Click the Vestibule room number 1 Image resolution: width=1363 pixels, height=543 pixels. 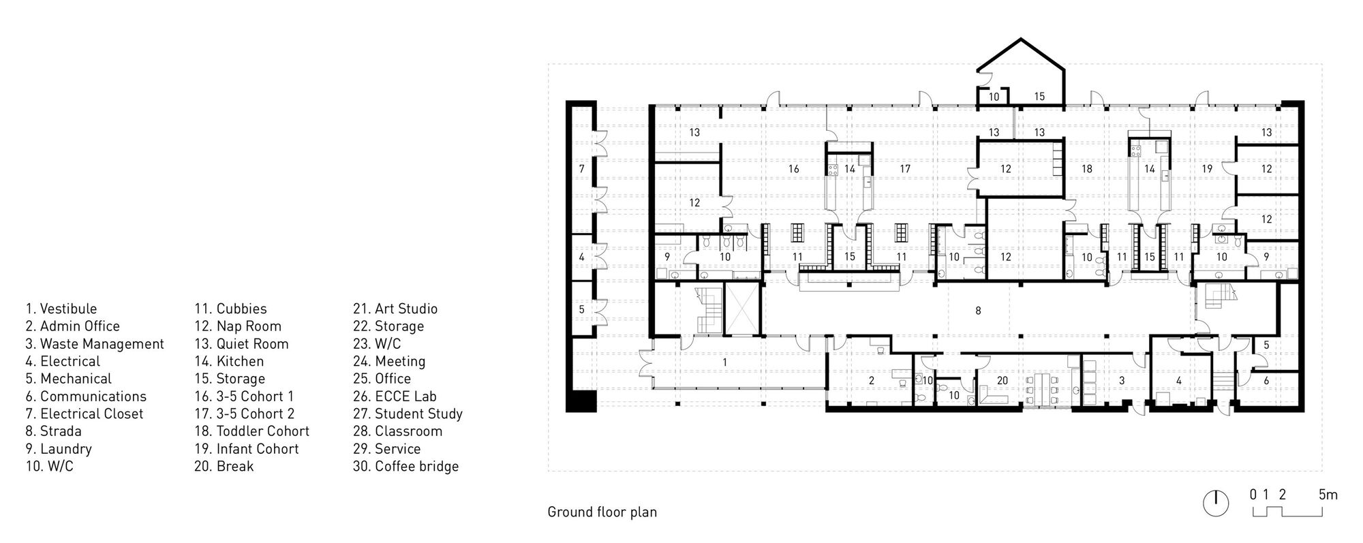pos(724,362)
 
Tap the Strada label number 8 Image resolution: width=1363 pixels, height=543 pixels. pos(978,311)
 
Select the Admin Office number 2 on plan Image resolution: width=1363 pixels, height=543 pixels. pos(871,380)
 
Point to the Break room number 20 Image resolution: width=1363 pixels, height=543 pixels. pos(1002,380)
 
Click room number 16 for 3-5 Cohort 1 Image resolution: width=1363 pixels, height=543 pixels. pos(793,168)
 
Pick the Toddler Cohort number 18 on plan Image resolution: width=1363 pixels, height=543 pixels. pos(1086,168)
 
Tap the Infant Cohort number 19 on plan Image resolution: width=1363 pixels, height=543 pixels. pos(1207,168)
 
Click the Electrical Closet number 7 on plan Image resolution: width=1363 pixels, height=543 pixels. pos(581,168)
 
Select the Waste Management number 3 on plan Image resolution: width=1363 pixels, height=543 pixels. pos(1122,380)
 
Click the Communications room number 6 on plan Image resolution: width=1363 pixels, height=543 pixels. pos(1266,380)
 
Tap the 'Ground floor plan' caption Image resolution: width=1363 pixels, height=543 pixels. pos(602,512)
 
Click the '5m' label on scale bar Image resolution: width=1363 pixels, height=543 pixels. pos(1328,495)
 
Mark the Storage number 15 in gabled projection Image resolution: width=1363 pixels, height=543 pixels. pos(1039,97)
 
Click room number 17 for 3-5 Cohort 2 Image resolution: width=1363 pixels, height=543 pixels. pos(904,168)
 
